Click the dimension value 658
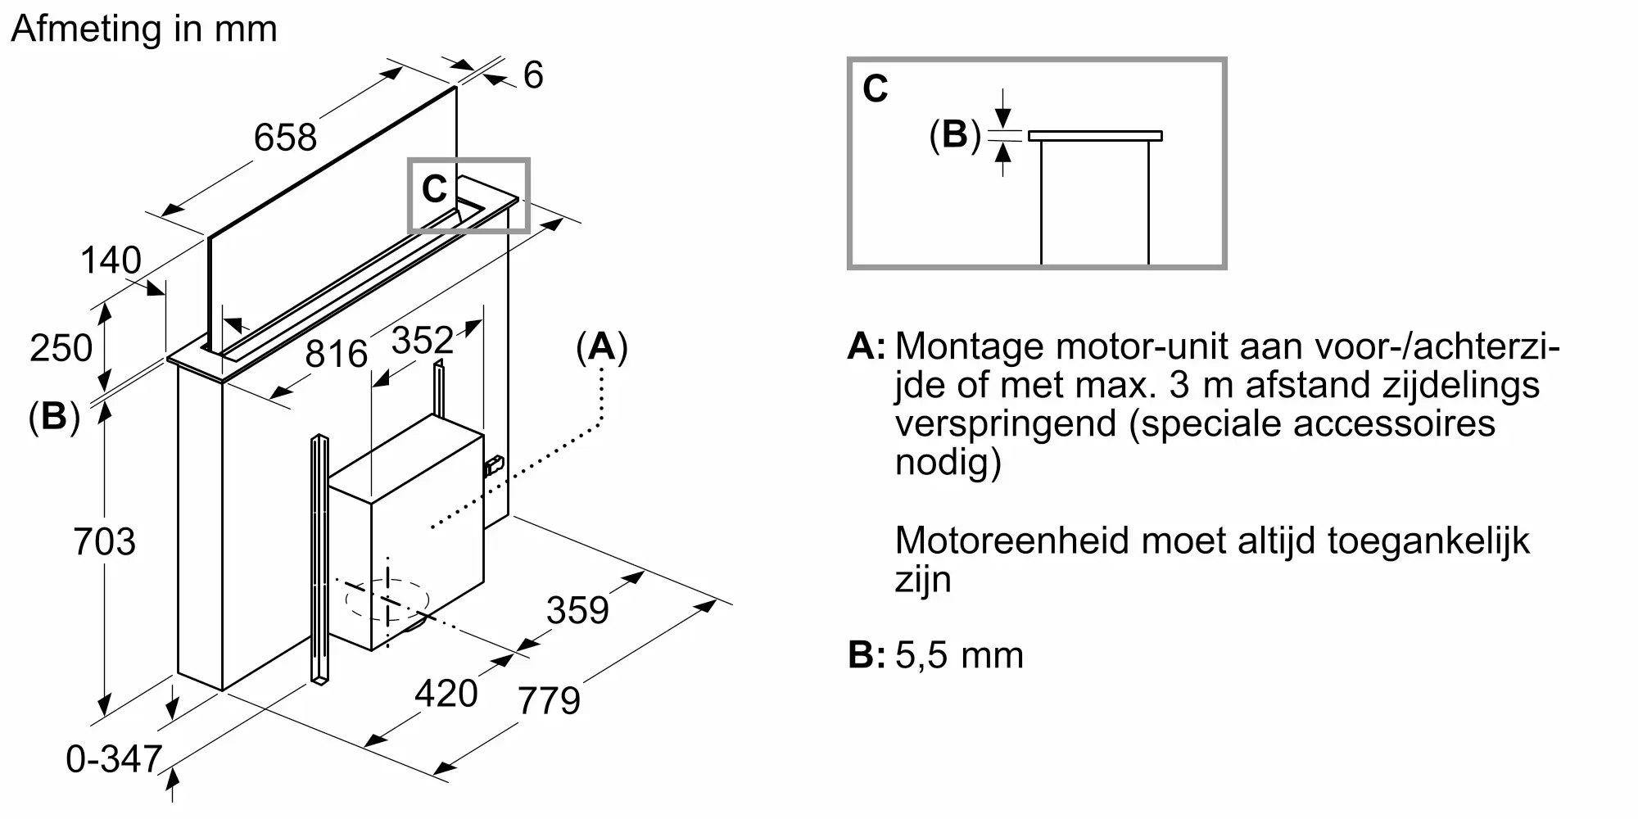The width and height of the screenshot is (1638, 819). click(285, 137)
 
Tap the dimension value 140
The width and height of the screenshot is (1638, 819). click(111, 260)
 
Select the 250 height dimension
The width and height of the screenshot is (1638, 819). click(61, 348)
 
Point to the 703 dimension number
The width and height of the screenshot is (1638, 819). click(104, 541)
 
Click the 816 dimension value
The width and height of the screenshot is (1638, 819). click(336, 354)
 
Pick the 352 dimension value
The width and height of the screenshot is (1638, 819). click(422, 340)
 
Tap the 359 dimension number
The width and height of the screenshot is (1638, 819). click(577, 610)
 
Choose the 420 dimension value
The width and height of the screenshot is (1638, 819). click(446, 694)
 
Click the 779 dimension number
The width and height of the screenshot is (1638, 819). click(549, 700)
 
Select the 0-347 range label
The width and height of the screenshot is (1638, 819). click(114, 759)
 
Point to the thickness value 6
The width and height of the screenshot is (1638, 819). click(533, 75)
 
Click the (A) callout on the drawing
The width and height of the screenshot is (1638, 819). click(602, 347)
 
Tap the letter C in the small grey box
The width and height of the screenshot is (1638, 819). click(434, 189)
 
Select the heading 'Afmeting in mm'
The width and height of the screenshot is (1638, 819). click(144, 29)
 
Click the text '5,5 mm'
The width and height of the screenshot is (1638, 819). click(959, 655)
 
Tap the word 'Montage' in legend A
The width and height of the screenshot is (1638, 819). click(970, 347)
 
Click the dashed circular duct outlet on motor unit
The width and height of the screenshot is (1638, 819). click(387, 600)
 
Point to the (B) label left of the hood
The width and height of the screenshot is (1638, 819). click(54, 417)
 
